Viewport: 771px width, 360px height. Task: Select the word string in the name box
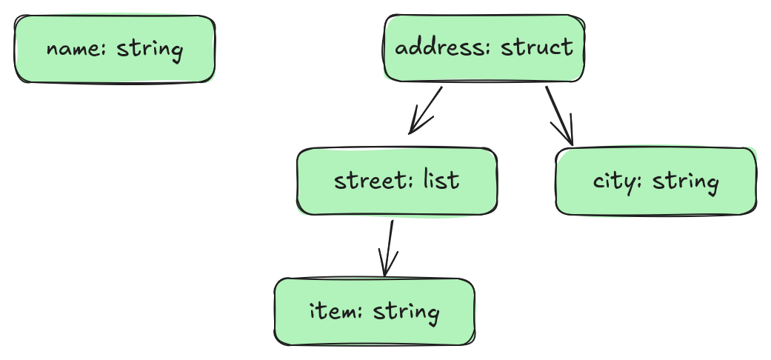pos(150,50)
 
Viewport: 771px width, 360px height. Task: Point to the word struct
pos(537,47)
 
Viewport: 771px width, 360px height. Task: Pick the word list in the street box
pos(441,179)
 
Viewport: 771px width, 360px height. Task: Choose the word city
pos(615,182)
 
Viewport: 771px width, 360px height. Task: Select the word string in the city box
pos(685,182)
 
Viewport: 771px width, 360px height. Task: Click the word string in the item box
pos(406,312)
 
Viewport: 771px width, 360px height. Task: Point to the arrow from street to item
pos(387,248)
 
